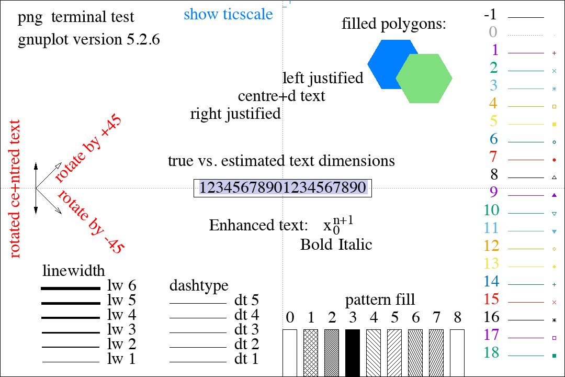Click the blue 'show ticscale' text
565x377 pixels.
[228, 14]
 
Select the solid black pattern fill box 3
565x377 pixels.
[353, 352]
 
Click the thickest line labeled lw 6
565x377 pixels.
[71, 288]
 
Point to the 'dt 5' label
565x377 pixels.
[246, 301]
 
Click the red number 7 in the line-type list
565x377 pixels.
[493, 157]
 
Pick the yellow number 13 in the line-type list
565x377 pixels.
[492, 263]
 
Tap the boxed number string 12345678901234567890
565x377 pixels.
[282, 187]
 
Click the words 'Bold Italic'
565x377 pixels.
[336, 245]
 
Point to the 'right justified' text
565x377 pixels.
[235, 114]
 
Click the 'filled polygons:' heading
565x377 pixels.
[393, 24]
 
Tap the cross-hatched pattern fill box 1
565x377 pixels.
[311, 352]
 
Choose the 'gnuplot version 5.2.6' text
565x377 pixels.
[88, 40]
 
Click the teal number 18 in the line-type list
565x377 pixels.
[492, 352]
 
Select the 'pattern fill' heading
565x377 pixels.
[380, 300]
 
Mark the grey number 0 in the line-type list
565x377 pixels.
[493, 32]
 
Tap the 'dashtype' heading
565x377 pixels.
[199, 286]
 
